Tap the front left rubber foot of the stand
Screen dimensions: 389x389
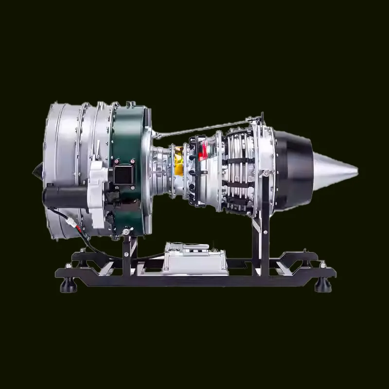tap(69, 285)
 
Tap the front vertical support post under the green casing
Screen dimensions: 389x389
tap(127, 253)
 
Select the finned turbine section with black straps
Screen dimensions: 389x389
tap(238, 170)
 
